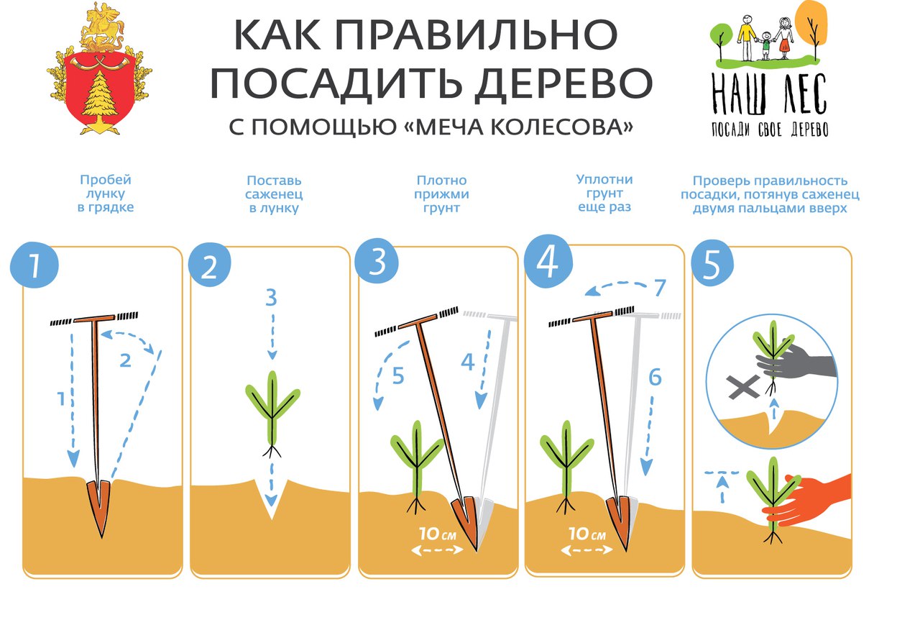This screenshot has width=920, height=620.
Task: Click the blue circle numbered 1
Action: point(34,265)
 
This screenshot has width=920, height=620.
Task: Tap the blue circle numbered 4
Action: point(548,262)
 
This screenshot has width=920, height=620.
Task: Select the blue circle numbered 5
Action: point(712,263)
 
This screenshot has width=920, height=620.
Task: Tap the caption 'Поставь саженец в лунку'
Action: point(274,194)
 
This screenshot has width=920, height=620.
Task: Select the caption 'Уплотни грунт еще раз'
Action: point(604,193)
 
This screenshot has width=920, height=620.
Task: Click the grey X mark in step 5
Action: point(743,387)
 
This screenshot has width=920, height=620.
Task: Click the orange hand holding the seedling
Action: point(807,501)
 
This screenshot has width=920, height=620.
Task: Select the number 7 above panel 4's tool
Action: point(660,288)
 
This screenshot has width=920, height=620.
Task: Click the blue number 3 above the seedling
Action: point(272,298)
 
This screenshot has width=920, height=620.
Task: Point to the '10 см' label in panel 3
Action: point(438,534)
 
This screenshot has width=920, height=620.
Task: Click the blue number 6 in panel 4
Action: point(655,378)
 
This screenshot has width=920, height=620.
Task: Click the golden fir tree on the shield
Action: point(100,97)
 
